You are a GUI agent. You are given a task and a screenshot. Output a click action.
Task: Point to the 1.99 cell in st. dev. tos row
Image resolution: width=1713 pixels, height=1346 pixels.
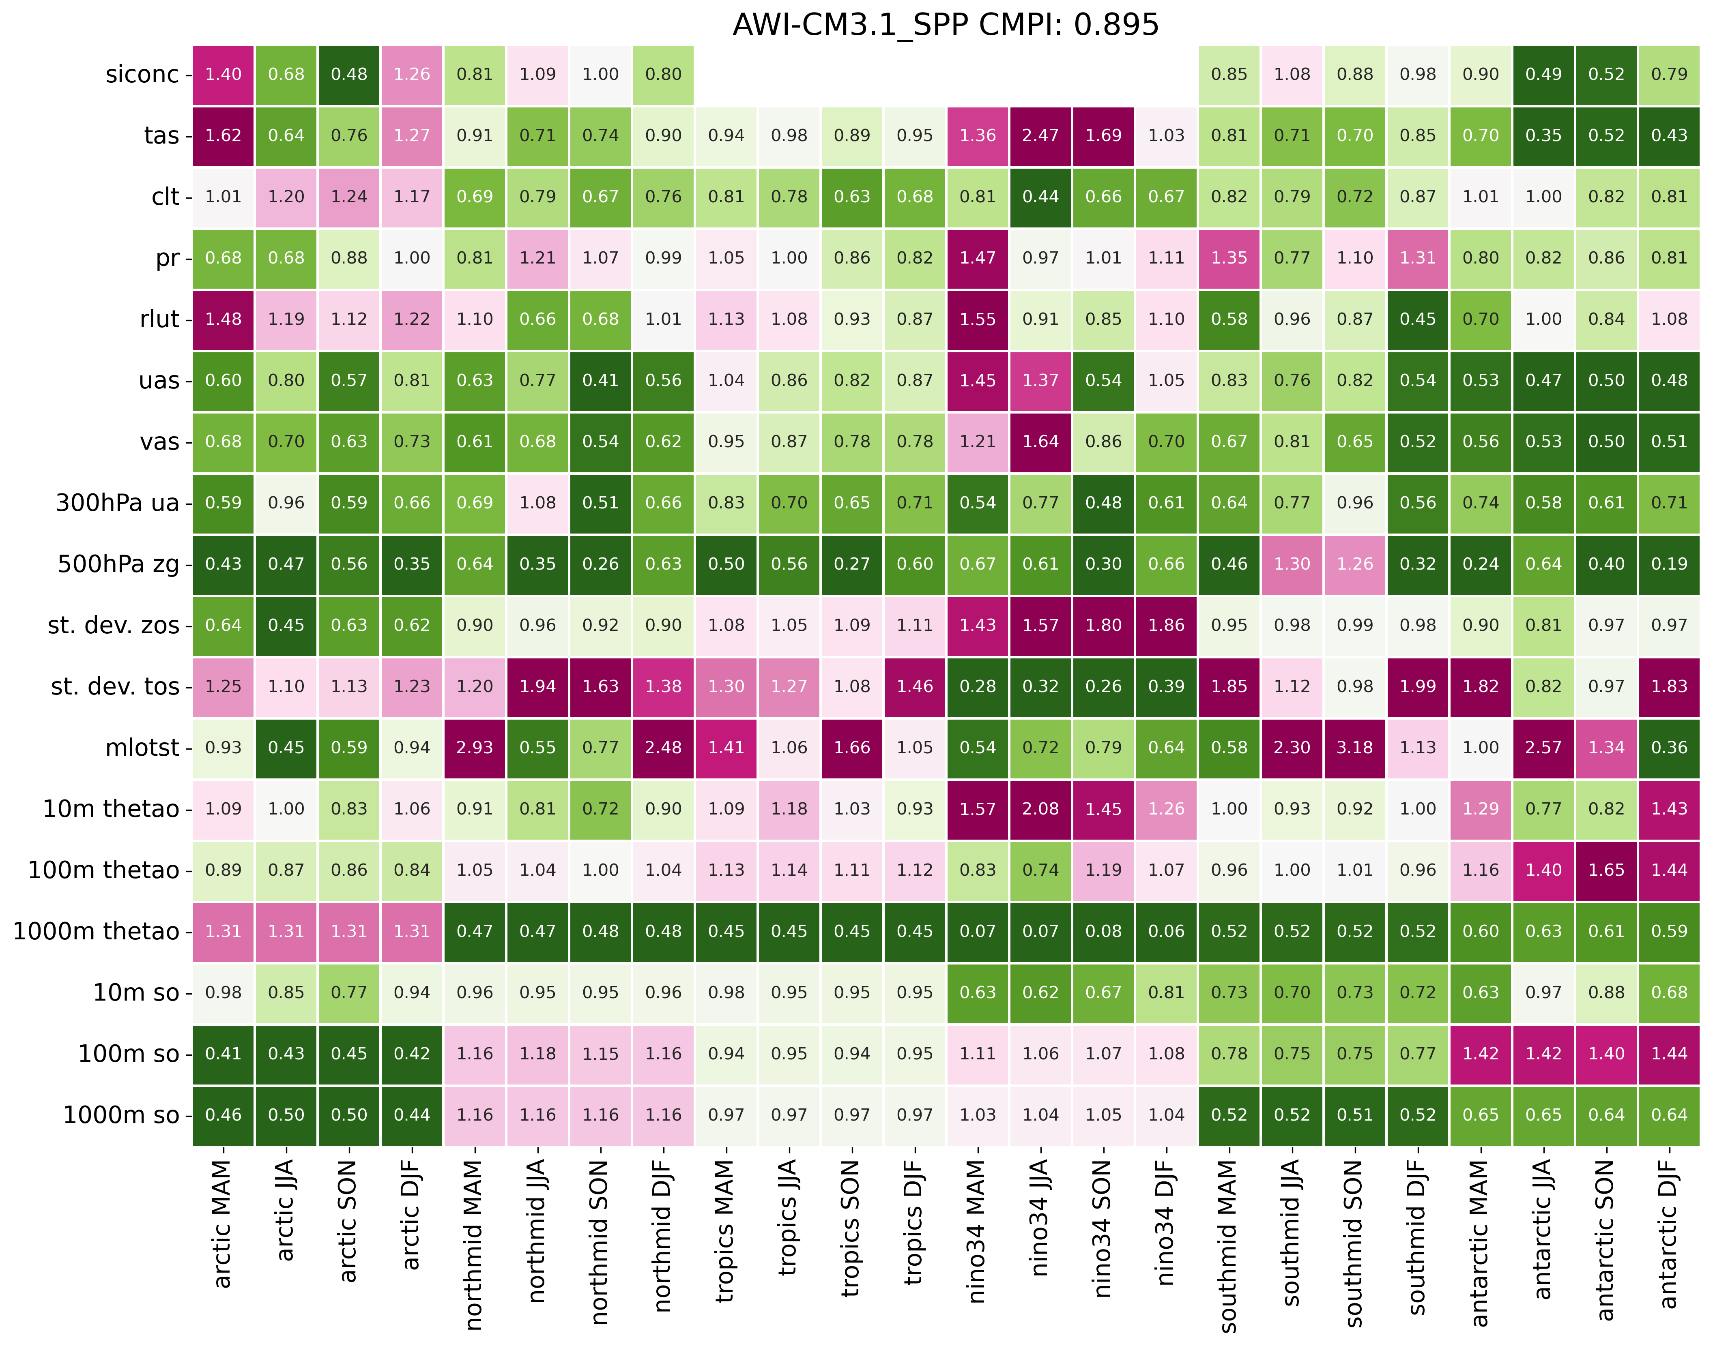point(1417,686)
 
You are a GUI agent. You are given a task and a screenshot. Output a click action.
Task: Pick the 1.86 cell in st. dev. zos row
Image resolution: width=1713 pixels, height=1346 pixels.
point(1166,625)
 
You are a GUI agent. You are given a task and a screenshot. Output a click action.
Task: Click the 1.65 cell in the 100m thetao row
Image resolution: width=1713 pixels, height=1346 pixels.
point(1606,870)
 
